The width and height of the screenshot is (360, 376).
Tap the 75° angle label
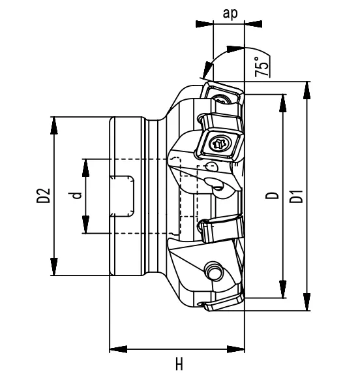pyautogui.click(x=261, y=67)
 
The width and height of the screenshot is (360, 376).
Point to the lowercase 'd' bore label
pyautogui.click(x=77, y=196)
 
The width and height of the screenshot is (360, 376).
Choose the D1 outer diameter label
pyautogui.click(x=297, y=195)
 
